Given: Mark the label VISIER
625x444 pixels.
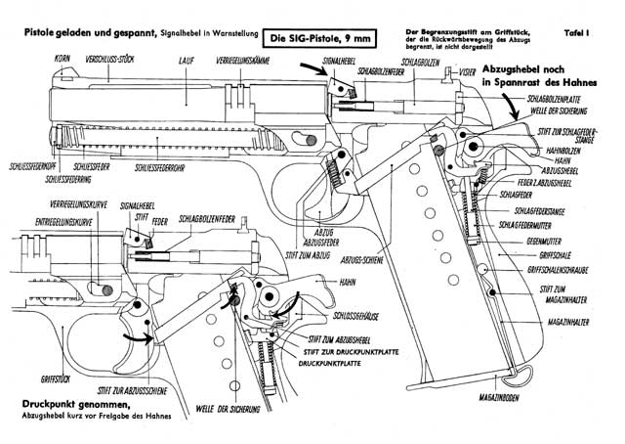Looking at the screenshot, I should pyautogui.click(x=467, y=71).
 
